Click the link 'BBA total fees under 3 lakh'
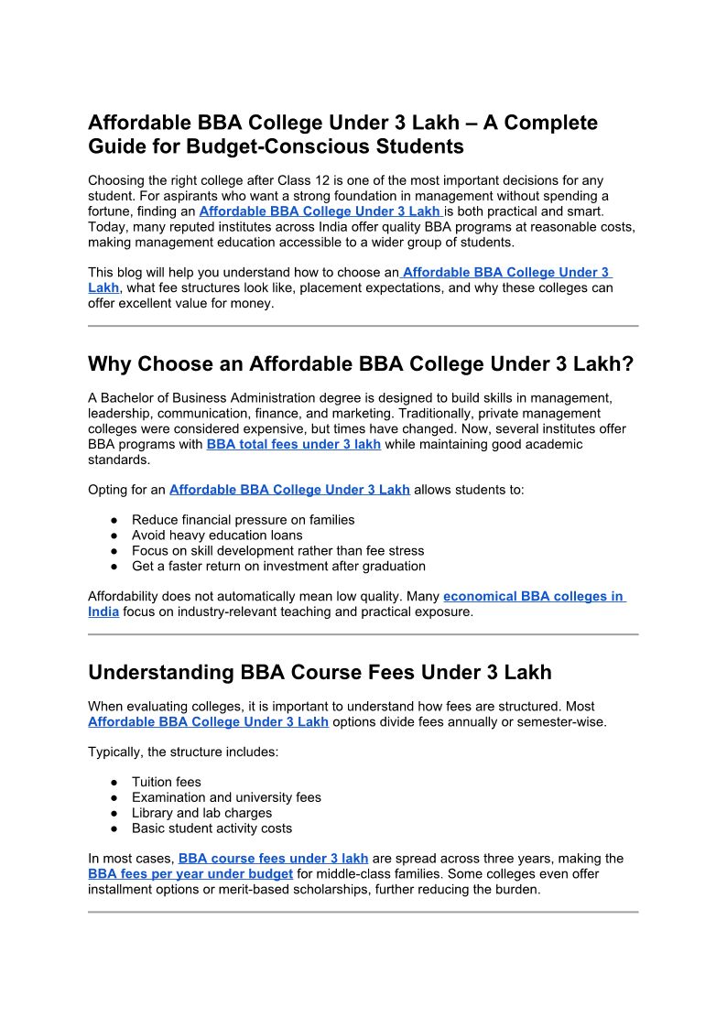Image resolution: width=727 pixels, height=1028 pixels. (293, 444)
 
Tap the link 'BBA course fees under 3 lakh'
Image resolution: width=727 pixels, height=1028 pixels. (273, 859)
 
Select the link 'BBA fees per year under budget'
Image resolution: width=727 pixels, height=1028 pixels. (190, 874)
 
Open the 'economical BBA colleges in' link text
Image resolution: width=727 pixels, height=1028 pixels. (533, 596)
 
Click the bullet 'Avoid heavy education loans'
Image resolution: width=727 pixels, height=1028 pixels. (217, 535)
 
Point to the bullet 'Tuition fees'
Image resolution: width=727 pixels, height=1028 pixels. (166, 782)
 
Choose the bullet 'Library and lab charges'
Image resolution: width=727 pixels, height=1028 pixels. (201, 813)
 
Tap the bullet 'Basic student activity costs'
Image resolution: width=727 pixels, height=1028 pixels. (212, 828)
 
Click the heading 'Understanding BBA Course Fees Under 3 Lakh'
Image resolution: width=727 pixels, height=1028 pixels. (320, 673)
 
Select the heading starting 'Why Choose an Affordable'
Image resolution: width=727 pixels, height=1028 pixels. (360, 364)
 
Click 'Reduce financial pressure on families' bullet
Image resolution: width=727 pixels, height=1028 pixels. (243, 519)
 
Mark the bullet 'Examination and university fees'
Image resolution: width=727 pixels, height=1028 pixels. (226, 797)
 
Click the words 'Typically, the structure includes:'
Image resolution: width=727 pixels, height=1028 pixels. (183, 752)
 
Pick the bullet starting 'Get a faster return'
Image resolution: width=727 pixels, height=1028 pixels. (278, 566)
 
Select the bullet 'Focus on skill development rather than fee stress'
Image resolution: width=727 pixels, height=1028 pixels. (277, 550)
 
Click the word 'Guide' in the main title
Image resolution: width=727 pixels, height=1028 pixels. (119, 146)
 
